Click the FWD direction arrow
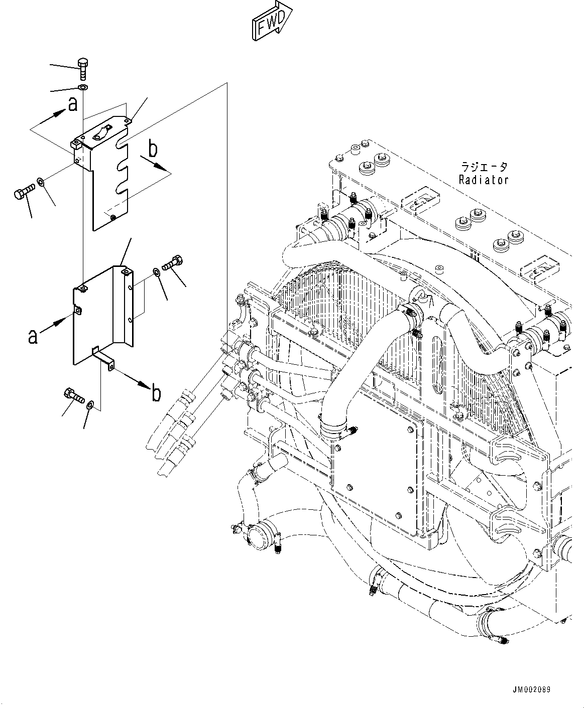pos(271,21)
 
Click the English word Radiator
pos(483,179)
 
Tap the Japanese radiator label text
pos(484,167)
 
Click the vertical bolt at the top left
pos(83,68)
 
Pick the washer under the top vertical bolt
pos(83,89)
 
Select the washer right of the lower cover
pos(157,272)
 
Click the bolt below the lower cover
pos(73,395)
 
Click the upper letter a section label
pos(73,105)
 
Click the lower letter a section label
pos(33,337)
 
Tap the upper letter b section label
pos(153,149)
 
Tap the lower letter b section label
pos(156,393)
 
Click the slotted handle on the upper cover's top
pos(101,133)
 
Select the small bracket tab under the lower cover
pos(104,359)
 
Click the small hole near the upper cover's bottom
pos(113,217)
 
